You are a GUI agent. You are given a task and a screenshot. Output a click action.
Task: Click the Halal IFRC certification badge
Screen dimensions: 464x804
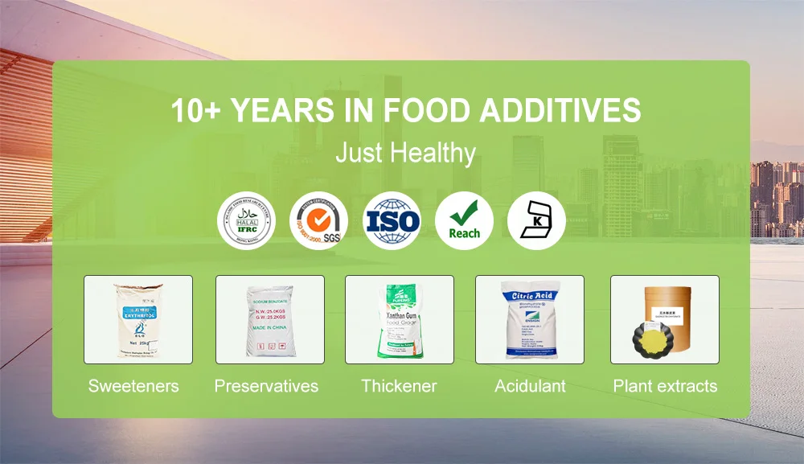point(247,220)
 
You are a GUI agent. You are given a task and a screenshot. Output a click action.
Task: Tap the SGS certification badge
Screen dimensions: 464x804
point(319,220)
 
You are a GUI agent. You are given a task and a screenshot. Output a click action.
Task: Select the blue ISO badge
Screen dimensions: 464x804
point(392,220)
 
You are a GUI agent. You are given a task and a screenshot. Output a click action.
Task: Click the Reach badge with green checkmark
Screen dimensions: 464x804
point(464,220)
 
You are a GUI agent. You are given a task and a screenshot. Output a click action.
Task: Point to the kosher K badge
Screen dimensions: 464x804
point(536,220)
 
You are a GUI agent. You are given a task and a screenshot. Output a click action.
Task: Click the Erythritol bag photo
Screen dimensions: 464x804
point(138,319)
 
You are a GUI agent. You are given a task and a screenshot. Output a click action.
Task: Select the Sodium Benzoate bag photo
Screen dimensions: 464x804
point(269,319)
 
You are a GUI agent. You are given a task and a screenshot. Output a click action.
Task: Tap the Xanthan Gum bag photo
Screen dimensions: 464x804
point(400,319)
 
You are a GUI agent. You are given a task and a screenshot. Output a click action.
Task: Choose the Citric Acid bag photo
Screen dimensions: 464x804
point(529,319)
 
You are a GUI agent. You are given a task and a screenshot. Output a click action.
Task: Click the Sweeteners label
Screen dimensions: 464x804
point(133,386)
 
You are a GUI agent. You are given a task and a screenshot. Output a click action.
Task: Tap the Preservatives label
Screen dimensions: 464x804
point(266,386)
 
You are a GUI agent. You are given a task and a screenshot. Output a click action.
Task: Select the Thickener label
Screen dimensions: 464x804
point(399,386)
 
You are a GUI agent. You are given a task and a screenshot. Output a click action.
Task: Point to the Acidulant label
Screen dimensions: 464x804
point(530,386)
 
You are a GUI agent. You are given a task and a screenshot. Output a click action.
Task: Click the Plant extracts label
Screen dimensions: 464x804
point(665,386)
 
